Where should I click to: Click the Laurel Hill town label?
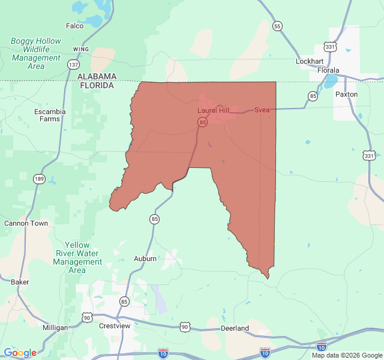(x=213, y=110)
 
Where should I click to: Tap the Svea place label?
(x=262, y=110)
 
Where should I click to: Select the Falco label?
(x=74, y=26)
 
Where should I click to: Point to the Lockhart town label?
(x=310, y=61)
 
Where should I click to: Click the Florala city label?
(x=328, y=70)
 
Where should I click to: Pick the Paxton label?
(x=346, y=94)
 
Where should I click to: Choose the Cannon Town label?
(x=26, y=223)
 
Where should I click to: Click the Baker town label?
(x=20, y=281)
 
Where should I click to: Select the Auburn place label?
(x=145, y=259)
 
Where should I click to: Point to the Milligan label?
(x=55, y=328)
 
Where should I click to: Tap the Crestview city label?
(x=115, y=325)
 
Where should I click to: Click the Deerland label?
(x=235, y=328)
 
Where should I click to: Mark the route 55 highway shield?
(x=277, y=26)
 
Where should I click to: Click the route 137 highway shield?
(x=73, y=64)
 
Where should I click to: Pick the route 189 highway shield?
(x=39, y=179)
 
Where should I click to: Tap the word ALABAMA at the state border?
(x=97, y=76)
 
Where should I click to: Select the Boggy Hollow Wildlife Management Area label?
(x=36, y=53)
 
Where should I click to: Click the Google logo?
(x=20, y=353)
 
